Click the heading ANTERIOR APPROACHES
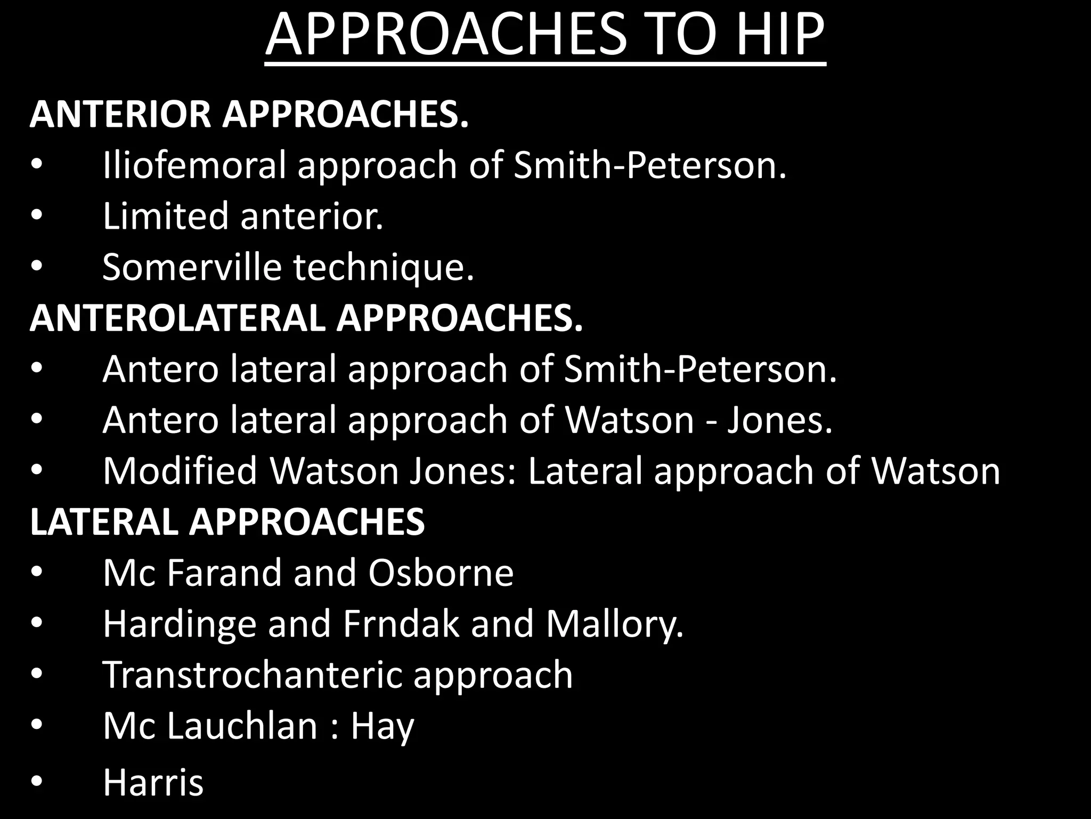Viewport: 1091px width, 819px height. [x=249, y=115]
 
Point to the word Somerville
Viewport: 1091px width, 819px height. [x=192, y=267]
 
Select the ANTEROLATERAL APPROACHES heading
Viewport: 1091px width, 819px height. [x=306, y=318]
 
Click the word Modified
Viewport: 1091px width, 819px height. [x=180, y=471]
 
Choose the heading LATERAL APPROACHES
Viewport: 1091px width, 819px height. [x=227, y=521]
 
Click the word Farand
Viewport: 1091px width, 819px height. [x=224, y=573]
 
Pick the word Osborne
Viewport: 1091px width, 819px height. [x=441, y=573]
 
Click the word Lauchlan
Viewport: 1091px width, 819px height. [x=242, y=726]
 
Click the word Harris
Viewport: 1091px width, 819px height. [x=153, y=782]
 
